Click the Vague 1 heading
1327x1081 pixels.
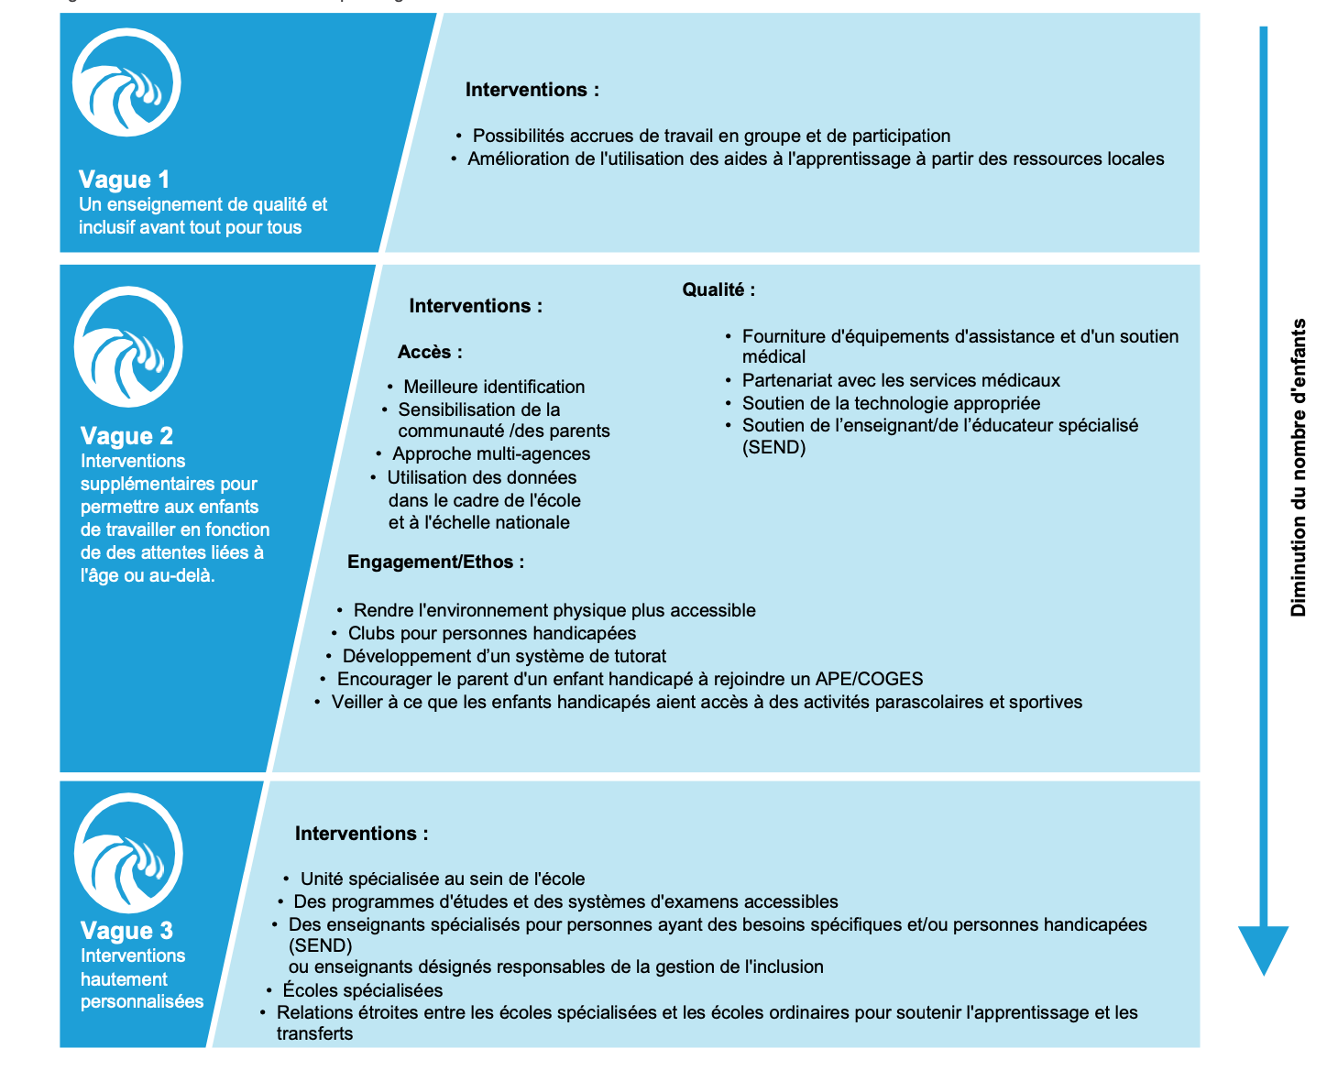click(124, 180)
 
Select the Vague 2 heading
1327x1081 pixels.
click(126, 436)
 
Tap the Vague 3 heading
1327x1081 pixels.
click(126, 931)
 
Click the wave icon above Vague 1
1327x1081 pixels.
click(126, 82)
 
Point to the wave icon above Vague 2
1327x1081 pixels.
click(128, 347)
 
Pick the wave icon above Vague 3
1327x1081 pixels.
click(128, 853)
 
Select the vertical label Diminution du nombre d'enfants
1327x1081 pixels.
click(1298, 467)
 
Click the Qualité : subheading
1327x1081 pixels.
click(718, 290)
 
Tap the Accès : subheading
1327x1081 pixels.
click(430, 353)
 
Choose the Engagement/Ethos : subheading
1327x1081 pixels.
click(435, 562)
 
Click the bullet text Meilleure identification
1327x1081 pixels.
click(494, 388)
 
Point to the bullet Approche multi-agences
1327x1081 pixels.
click(491, 454)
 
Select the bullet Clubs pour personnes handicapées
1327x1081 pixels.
click(492, 634)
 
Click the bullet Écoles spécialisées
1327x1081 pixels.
click(363, 990)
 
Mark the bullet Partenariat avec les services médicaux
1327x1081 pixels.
click(901, 381)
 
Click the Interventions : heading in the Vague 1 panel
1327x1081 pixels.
click(532, 90)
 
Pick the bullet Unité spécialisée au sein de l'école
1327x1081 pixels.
click(443, 879)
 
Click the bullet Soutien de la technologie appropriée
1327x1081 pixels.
click(891, 404)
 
